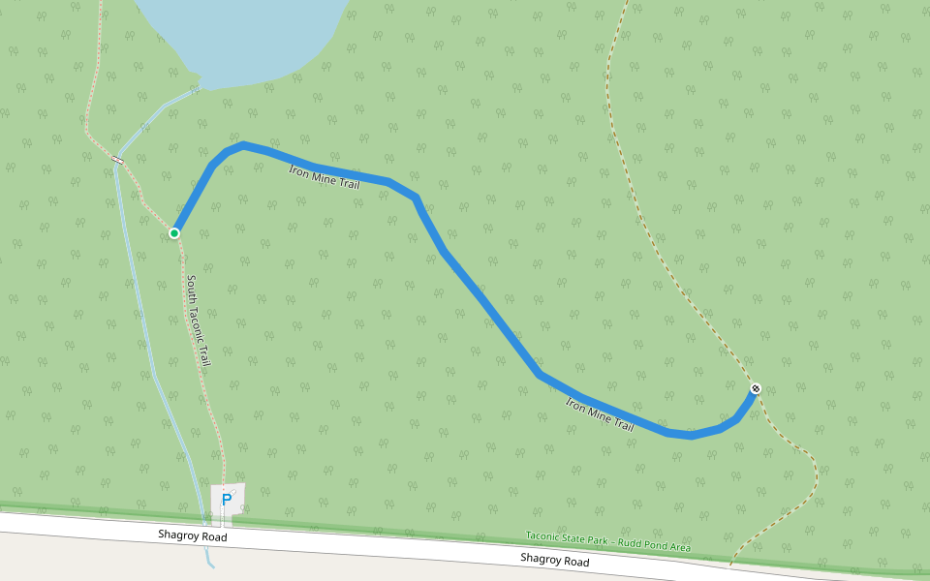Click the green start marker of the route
[x=174, y=233]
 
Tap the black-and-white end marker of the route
[x=756, y=389]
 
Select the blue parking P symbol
[x=227, y=500]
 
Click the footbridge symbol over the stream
[x=118, y=160]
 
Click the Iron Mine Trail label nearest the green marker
[x=325, y=175]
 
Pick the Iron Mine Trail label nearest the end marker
[x=600, y=414]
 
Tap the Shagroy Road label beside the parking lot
[x=193, y=535]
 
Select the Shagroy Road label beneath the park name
[x=554, y=560]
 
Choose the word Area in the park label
[x=679, y=547]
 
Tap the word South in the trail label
[x=192, y=289]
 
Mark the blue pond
[x=242, y=34]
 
